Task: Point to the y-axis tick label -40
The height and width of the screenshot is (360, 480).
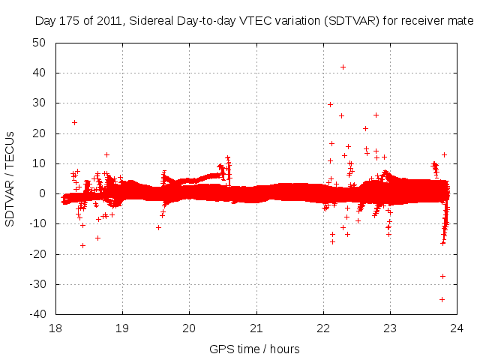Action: point(38,313)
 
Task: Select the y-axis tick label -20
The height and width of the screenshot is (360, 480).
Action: point(38,253)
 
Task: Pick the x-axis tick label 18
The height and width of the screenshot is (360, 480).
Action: point(55,328)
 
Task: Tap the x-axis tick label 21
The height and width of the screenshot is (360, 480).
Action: point(256,328)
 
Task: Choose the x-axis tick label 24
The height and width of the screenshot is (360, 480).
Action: point(457,328)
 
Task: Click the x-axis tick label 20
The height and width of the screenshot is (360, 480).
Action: point(190,328)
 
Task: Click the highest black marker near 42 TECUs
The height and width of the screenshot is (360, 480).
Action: point(343,67)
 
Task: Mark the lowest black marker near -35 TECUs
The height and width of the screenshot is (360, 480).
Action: point(442,299)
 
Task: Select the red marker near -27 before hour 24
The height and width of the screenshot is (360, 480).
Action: point(442,276)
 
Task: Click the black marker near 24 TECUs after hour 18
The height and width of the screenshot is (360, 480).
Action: point(74,122)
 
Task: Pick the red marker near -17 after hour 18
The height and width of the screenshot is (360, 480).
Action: point(82,245)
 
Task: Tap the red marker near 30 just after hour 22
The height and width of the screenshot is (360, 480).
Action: point(330,104)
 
